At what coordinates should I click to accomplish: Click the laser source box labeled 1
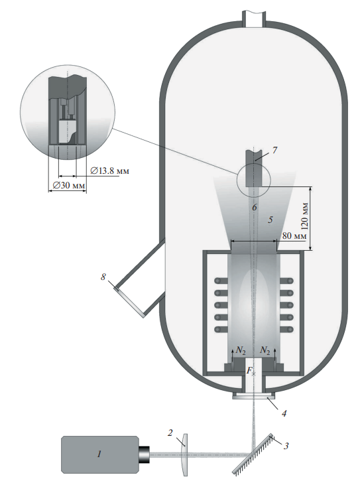pyautogui.click(x=100, y=454)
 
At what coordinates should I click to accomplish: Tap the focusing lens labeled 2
pyautogui.click(x=184, y=454)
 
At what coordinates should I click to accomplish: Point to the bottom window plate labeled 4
pyautogui.click(x=253, y=397)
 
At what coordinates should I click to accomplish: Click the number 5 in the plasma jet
pyautogui.click(x=270, y=220)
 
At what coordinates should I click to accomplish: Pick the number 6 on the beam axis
pyautogui.click(x=255, y=207)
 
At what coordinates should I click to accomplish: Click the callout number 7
pyautogui.click(x=274, y=150)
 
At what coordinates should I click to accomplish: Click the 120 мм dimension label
pyautogui.click(x=305, y=216)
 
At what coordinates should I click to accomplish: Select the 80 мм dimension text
pyautogui.click(x=294, y=236)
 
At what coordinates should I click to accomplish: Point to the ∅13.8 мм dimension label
pyautogui.click(x=109, y=171)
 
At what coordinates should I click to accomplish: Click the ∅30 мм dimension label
pyautogui.click(x=69, y=185)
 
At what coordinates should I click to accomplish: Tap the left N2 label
pyautogui.click(x=241, y=350)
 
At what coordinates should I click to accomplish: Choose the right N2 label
pyautogui.click(x=265, y=350)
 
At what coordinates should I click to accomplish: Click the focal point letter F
pyautogui.click(x=249, y=370)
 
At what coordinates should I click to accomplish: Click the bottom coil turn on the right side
pyautogui.click(x=286, y=330)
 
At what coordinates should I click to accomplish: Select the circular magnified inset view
pyautogui.click(x=68, y=112)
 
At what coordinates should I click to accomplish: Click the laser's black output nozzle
pyautogui.click(x=144, y=454)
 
